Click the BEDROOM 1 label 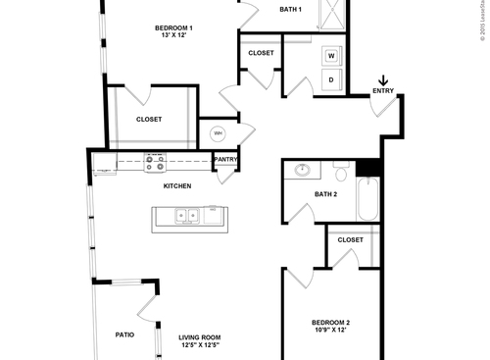[x=172, y=28]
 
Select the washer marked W [x=331, y=56]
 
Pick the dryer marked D [x=331, y=79]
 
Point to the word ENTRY [x=383, y=92]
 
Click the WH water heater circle [x=218, y=131]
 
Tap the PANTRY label [x=225, y=160]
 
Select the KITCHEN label [x=177, y=185]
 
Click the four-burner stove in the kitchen [x=155, y=160]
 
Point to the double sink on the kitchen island [x=183, y=216]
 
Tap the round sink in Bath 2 [x=303, y=171]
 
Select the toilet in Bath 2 [x=340, y=174]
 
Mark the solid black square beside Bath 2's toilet [x=367, y=168]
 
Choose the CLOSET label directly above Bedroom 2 [x=350, y=239]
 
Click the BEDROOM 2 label [x=330, y=323]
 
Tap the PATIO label [x=123, y=334]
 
